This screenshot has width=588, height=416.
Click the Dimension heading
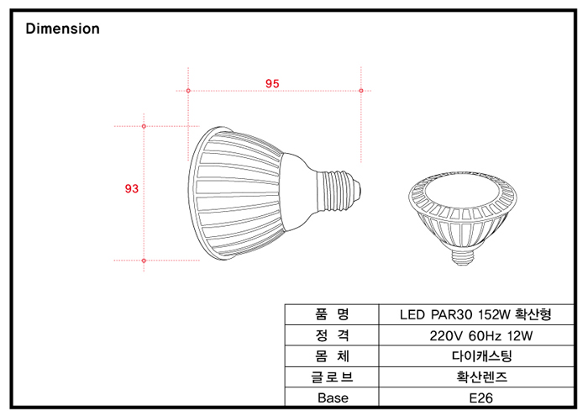[x=63, y=29]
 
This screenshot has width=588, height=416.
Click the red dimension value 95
[x=272, y=83]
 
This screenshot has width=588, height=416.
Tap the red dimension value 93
[x=131, y=189]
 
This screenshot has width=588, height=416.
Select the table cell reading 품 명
[x=333, y=315]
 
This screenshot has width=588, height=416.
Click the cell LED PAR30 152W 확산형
[x=475, y=315]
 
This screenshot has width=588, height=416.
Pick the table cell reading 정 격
[x=333, y=335]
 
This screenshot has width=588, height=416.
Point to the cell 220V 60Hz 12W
[x=475, y=335]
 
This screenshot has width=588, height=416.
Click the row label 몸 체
[x=333, y=355]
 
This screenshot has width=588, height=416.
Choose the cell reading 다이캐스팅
[x=475, y=355]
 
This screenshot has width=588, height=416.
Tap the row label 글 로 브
[x=333, y=377]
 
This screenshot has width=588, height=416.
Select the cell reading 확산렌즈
[x=475, y=377]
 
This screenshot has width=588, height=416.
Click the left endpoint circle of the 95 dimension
[x=188, y=90]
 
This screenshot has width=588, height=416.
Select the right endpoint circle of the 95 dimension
[x=361, y=90]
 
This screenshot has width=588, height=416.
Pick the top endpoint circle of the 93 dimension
[x=144, y=126]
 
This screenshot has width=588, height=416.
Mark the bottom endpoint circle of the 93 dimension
[x=144, y=261]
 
